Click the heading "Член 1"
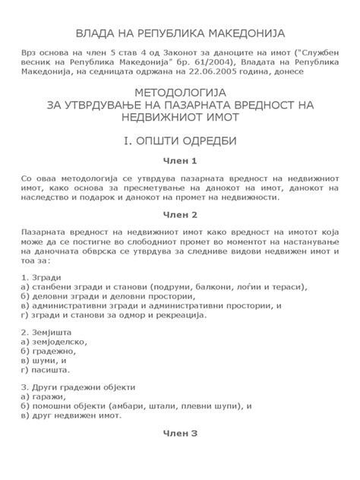(x=180, y=161)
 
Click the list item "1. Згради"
(x=42, y=277)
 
